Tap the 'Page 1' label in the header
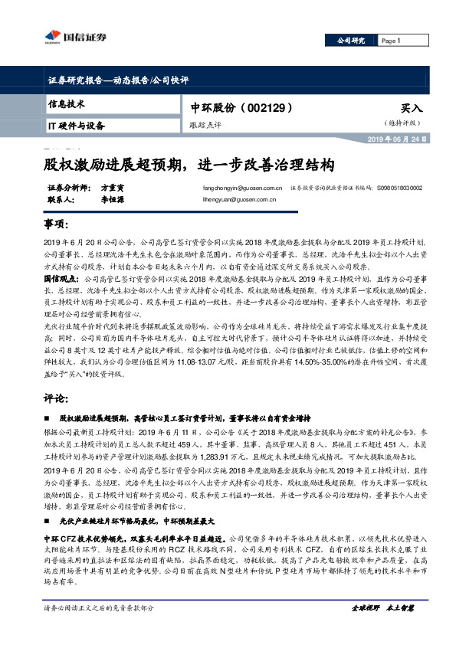[x=391, y=41]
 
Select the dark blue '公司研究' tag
[x=351, y=41]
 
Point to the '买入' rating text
[x=411, y=109]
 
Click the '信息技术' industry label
[x=67, y=103]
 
